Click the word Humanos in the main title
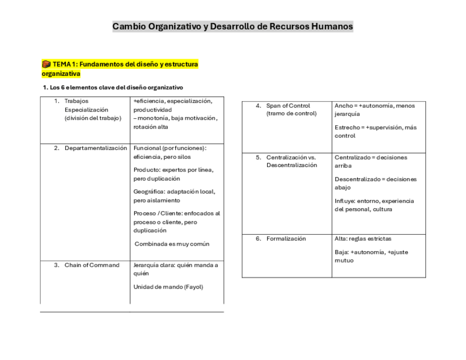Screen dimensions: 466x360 pos(331,26)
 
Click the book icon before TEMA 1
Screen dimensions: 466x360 pos(46,64)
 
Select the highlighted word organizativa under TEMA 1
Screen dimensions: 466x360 pos(61,74)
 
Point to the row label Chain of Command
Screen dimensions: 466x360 pos(92,265)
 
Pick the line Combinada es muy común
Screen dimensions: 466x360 pos(172,243)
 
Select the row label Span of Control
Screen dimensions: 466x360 pos(288,106)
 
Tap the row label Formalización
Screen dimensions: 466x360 pos(286,239)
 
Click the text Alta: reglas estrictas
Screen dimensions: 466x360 pos(363,239)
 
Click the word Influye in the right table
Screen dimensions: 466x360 pos(345,201)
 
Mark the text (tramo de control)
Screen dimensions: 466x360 pos(291,113)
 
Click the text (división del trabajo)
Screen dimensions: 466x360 pos(92,118)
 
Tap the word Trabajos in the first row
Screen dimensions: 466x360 pos(76,101)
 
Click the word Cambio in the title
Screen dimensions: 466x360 pos(129,26)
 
